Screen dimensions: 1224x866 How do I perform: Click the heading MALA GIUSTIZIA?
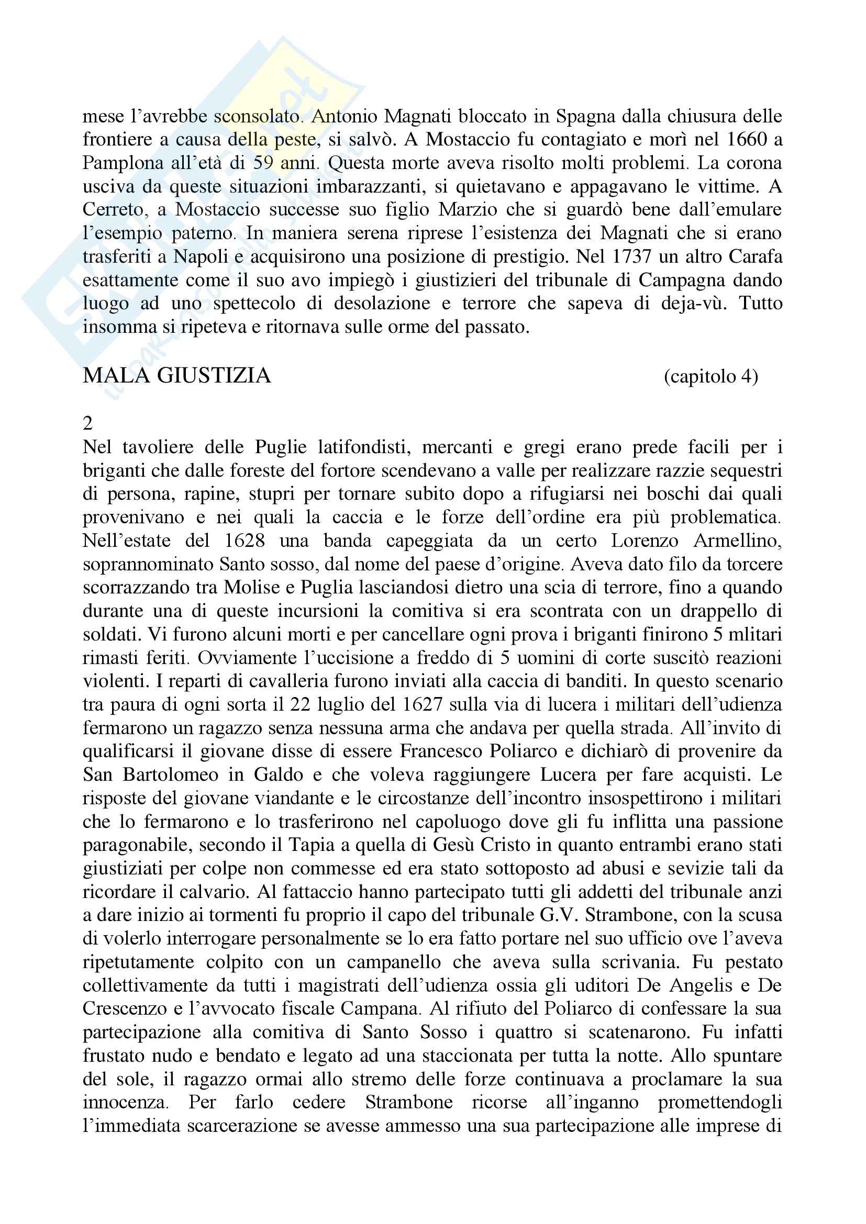tap(176, 376)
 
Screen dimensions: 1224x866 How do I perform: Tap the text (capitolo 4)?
tap(710, 377)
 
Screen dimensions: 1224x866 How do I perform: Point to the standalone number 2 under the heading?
tap(88, 423)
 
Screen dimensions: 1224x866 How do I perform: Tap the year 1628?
tap(245, 541)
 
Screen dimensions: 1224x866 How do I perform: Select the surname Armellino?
tap(738, 541)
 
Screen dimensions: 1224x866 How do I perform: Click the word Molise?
tap(251, 588)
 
